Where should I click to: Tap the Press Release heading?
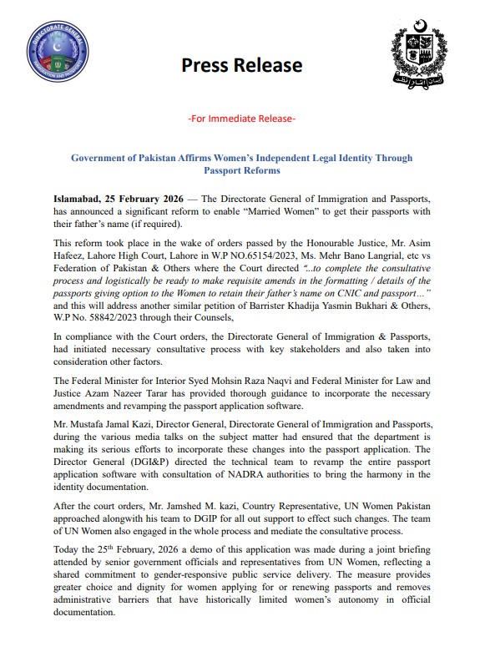(x=241, y=65)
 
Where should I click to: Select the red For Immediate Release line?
(x=242, y=119)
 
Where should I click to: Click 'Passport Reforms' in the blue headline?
(x=241, y=169)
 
